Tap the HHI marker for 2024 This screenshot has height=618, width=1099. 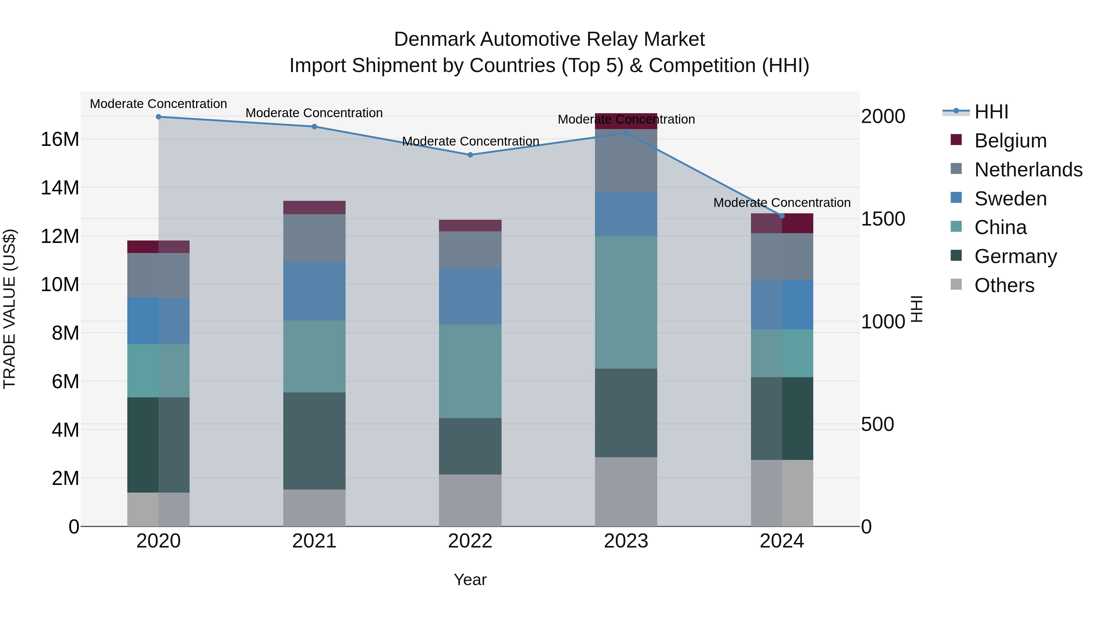[782, 216]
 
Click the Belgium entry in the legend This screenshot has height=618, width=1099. [1010, 141]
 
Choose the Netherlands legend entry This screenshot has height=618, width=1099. [1028, 170]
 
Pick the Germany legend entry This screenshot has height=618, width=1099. [1015, 256]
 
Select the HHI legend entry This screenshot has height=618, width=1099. [991, 112]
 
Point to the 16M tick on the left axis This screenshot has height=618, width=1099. [60, 139]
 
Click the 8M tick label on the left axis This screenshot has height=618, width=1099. [65, 333]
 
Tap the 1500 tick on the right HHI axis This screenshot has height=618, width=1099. [883, 219]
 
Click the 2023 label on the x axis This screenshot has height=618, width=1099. [626, 541]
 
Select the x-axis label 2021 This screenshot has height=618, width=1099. [314, 541]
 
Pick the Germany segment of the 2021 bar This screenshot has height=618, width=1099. [314, 441]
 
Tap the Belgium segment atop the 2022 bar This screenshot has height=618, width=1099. [470, 226]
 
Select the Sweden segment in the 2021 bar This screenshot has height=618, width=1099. [314, 291]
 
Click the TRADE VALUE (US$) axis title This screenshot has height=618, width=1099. [9, 309]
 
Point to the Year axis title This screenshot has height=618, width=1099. [470, 580]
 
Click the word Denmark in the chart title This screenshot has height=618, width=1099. [434, 39]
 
